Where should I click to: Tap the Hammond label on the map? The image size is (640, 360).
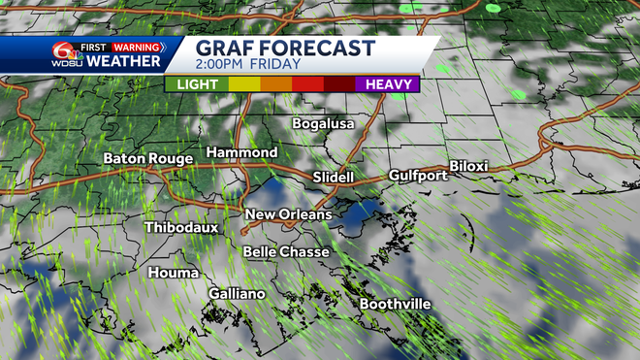(241, 153)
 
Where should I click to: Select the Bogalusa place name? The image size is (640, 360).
(324, 124)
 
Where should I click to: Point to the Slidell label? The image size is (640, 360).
(336, 178)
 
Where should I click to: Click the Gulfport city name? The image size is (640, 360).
(418, 176)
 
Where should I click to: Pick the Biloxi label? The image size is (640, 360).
(468, 167)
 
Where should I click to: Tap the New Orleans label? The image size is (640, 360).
(288, 214)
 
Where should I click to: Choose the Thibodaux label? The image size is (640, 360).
(180, 228)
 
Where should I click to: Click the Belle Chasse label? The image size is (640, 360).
(286, 252)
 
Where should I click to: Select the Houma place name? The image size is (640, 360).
(173, 274)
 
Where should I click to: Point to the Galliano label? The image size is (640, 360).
(237, 294)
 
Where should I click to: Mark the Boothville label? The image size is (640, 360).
(395, 305)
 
